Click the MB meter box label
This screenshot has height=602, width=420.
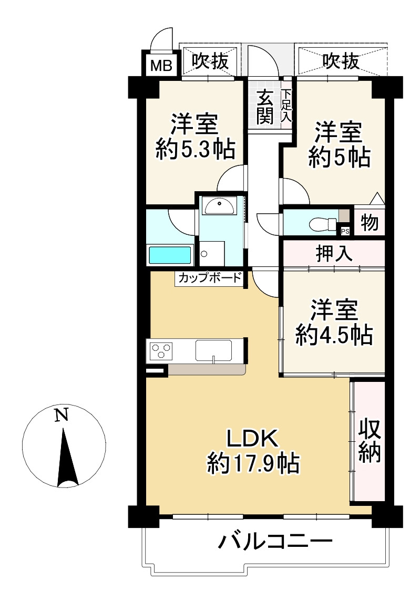point(161,66)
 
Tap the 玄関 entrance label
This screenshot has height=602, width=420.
point(265,108)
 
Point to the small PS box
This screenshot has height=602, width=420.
point(345,231)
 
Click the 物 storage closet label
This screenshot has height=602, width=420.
point(370,223)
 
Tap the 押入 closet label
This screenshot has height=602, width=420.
point(333,254)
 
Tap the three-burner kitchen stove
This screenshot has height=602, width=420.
point(161,350)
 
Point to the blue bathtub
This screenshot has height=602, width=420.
point(170,255)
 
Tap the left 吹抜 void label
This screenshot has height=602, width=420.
point(210,62)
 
